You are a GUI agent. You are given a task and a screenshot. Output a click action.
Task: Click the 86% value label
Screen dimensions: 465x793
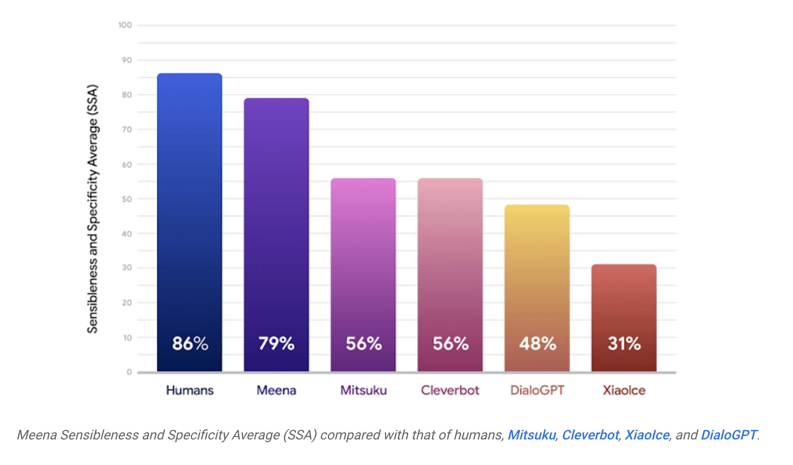coord(190,344)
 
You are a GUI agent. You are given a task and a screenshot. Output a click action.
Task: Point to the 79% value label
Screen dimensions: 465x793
coord(276,344)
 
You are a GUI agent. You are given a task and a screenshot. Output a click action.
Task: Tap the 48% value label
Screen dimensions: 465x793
coord(537,344)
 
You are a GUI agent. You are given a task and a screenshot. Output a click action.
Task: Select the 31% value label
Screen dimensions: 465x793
coord(624,344)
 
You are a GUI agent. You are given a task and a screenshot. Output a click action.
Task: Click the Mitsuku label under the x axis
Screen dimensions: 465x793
coord(364,391)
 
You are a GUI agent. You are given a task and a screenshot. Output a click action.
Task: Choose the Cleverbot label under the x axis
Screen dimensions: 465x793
coord(450,391)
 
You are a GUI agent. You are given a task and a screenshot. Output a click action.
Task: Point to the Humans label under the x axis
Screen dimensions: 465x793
coord(190,391)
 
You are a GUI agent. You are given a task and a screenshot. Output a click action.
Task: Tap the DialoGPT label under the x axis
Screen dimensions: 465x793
coord(537,391)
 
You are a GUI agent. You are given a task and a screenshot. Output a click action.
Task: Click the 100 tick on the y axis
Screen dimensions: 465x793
coord(125,25)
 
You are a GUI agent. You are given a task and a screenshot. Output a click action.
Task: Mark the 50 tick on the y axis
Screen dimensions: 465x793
coord(127,199)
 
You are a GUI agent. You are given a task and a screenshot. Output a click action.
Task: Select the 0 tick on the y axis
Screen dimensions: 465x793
coord(129,372)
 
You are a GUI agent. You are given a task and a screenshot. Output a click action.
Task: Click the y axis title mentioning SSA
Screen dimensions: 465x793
coord(93,209)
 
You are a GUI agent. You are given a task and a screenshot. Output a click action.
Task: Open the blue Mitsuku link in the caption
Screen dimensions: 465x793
coord(531,435)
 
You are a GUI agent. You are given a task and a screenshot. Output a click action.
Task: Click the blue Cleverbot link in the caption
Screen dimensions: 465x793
coord(590,435)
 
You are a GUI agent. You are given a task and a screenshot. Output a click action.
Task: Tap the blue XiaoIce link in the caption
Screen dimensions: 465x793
coord(647,435)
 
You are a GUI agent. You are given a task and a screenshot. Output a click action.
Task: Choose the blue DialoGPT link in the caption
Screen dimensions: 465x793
coord(729,435)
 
